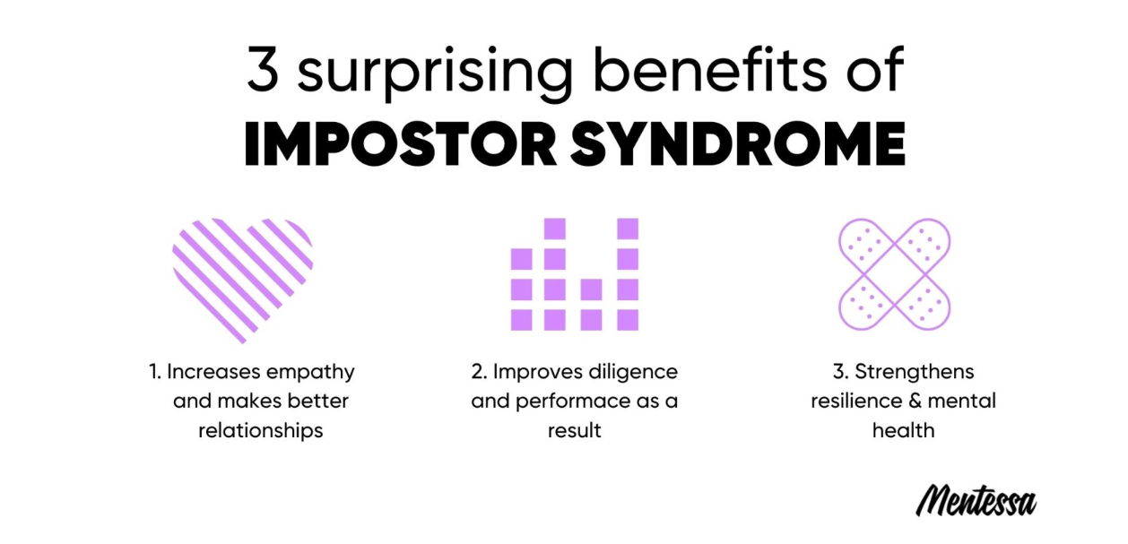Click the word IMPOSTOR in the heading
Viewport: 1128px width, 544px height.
coord(401,143)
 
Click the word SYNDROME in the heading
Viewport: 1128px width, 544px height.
coord(738,143)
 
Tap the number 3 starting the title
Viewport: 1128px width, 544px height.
coord(263,69)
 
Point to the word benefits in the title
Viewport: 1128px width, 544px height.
coord(710,69)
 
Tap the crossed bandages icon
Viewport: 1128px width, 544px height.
coord(894,274)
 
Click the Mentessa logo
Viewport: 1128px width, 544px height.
coord(976,501)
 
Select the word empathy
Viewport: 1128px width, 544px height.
coord(310,374)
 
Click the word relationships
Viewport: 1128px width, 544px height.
coord(260,430)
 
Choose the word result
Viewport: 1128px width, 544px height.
coord(575,431)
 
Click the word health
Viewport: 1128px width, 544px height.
coord(904,430)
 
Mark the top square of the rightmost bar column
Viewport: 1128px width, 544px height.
coord(628,229)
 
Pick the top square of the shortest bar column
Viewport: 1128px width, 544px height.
coord(591,289)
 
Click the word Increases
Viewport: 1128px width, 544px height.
coord(213,372)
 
